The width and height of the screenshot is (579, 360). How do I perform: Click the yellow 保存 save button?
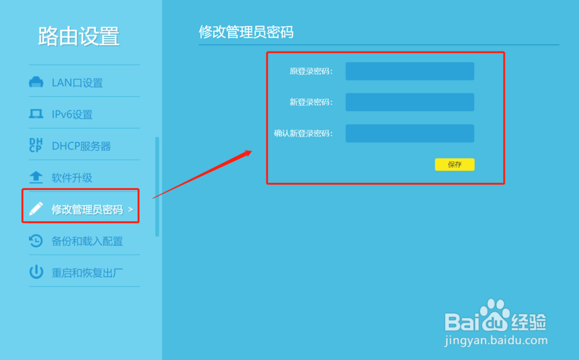455,164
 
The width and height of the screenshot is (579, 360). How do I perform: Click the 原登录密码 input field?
409,71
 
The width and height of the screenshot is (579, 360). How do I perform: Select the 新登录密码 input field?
409,102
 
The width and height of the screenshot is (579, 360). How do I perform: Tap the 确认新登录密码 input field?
409,133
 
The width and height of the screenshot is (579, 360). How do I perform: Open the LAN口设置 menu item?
77,83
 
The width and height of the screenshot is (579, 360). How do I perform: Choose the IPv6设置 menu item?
72,115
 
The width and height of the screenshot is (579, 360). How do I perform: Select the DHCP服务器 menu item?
81,146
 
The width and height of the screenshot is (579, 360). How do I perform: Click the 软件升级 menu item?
72,178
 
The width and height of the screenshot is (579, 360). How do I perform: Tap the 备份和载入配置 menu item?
87,241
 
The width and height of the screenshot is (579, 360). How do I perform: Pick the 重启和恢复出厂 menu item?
87,273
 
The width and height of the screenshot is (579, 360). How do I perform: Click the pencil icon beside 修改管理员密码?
36,209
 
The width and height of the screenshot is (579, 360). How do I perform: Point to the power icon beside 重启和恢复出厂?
36,272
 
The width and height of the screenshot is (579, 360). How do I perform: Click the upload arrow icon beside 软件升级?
36,177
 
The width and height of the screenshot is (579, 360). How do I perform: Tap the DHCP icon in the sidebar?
36,145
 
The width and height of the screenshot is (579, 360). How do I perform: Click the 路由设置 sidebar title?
79,36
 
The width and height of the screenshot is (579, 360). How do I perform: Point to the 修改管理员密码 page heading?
246,32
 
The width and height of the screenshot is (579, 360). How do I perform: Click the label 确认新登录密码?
303,134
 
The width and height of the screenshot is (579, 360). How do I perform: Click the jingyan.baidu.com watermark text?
496,341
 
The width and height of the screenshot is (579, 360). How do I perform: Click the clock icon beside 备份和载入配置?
36,240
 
